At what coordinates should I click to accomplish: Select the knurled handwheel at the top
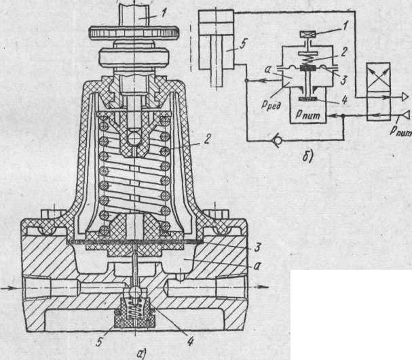point(134,31)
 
